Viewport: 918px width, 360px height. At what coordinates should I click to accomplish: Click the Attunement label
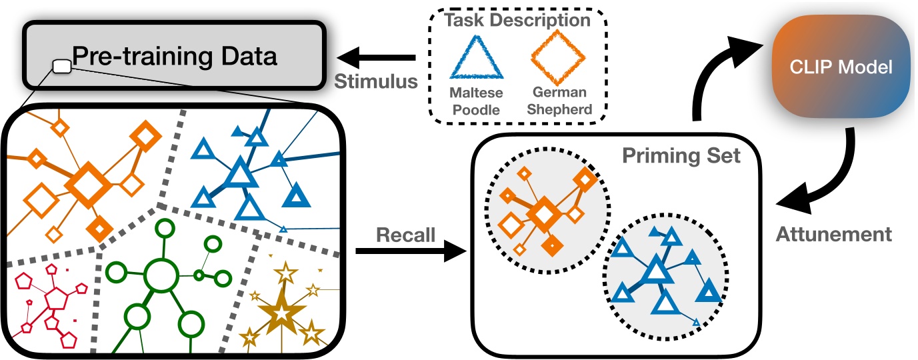click(x=834, y=234)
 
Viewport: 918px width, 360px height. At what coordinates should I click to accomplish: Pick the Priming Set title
click(x=681, y=157)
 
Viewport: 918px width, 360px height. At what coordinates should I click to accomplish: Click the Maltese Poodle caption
click(x=475, y=101)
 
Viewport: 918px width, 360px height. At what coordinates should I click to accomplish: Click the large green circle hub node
click(x=159, y=275)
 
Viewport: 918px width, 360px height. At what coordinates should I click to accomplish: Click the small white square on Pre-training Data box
click(x=62, y=65)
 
